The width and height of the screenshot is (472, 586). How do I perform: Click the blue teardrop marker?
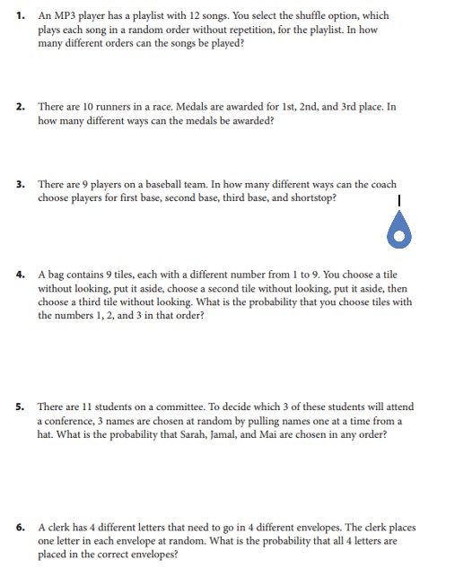pyautogui.click(x=398, y=231)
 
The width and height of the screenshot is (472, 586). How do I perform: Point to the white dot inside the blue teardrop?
pyautogui.click(x=398, y=236)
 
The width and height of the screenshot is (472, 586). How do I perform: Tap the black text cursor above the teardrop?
pyautogui.click(x=398, y=201)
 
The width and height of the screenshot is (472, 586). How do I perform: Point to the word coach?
pyautogui.click(x=381, y=185)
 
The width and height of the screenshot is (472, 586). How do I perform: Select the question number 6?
pyautogui.click(x=20, y=528)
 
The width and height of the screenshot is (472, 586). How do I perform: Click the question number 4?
pyautogui.click(x=20, y=276)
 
